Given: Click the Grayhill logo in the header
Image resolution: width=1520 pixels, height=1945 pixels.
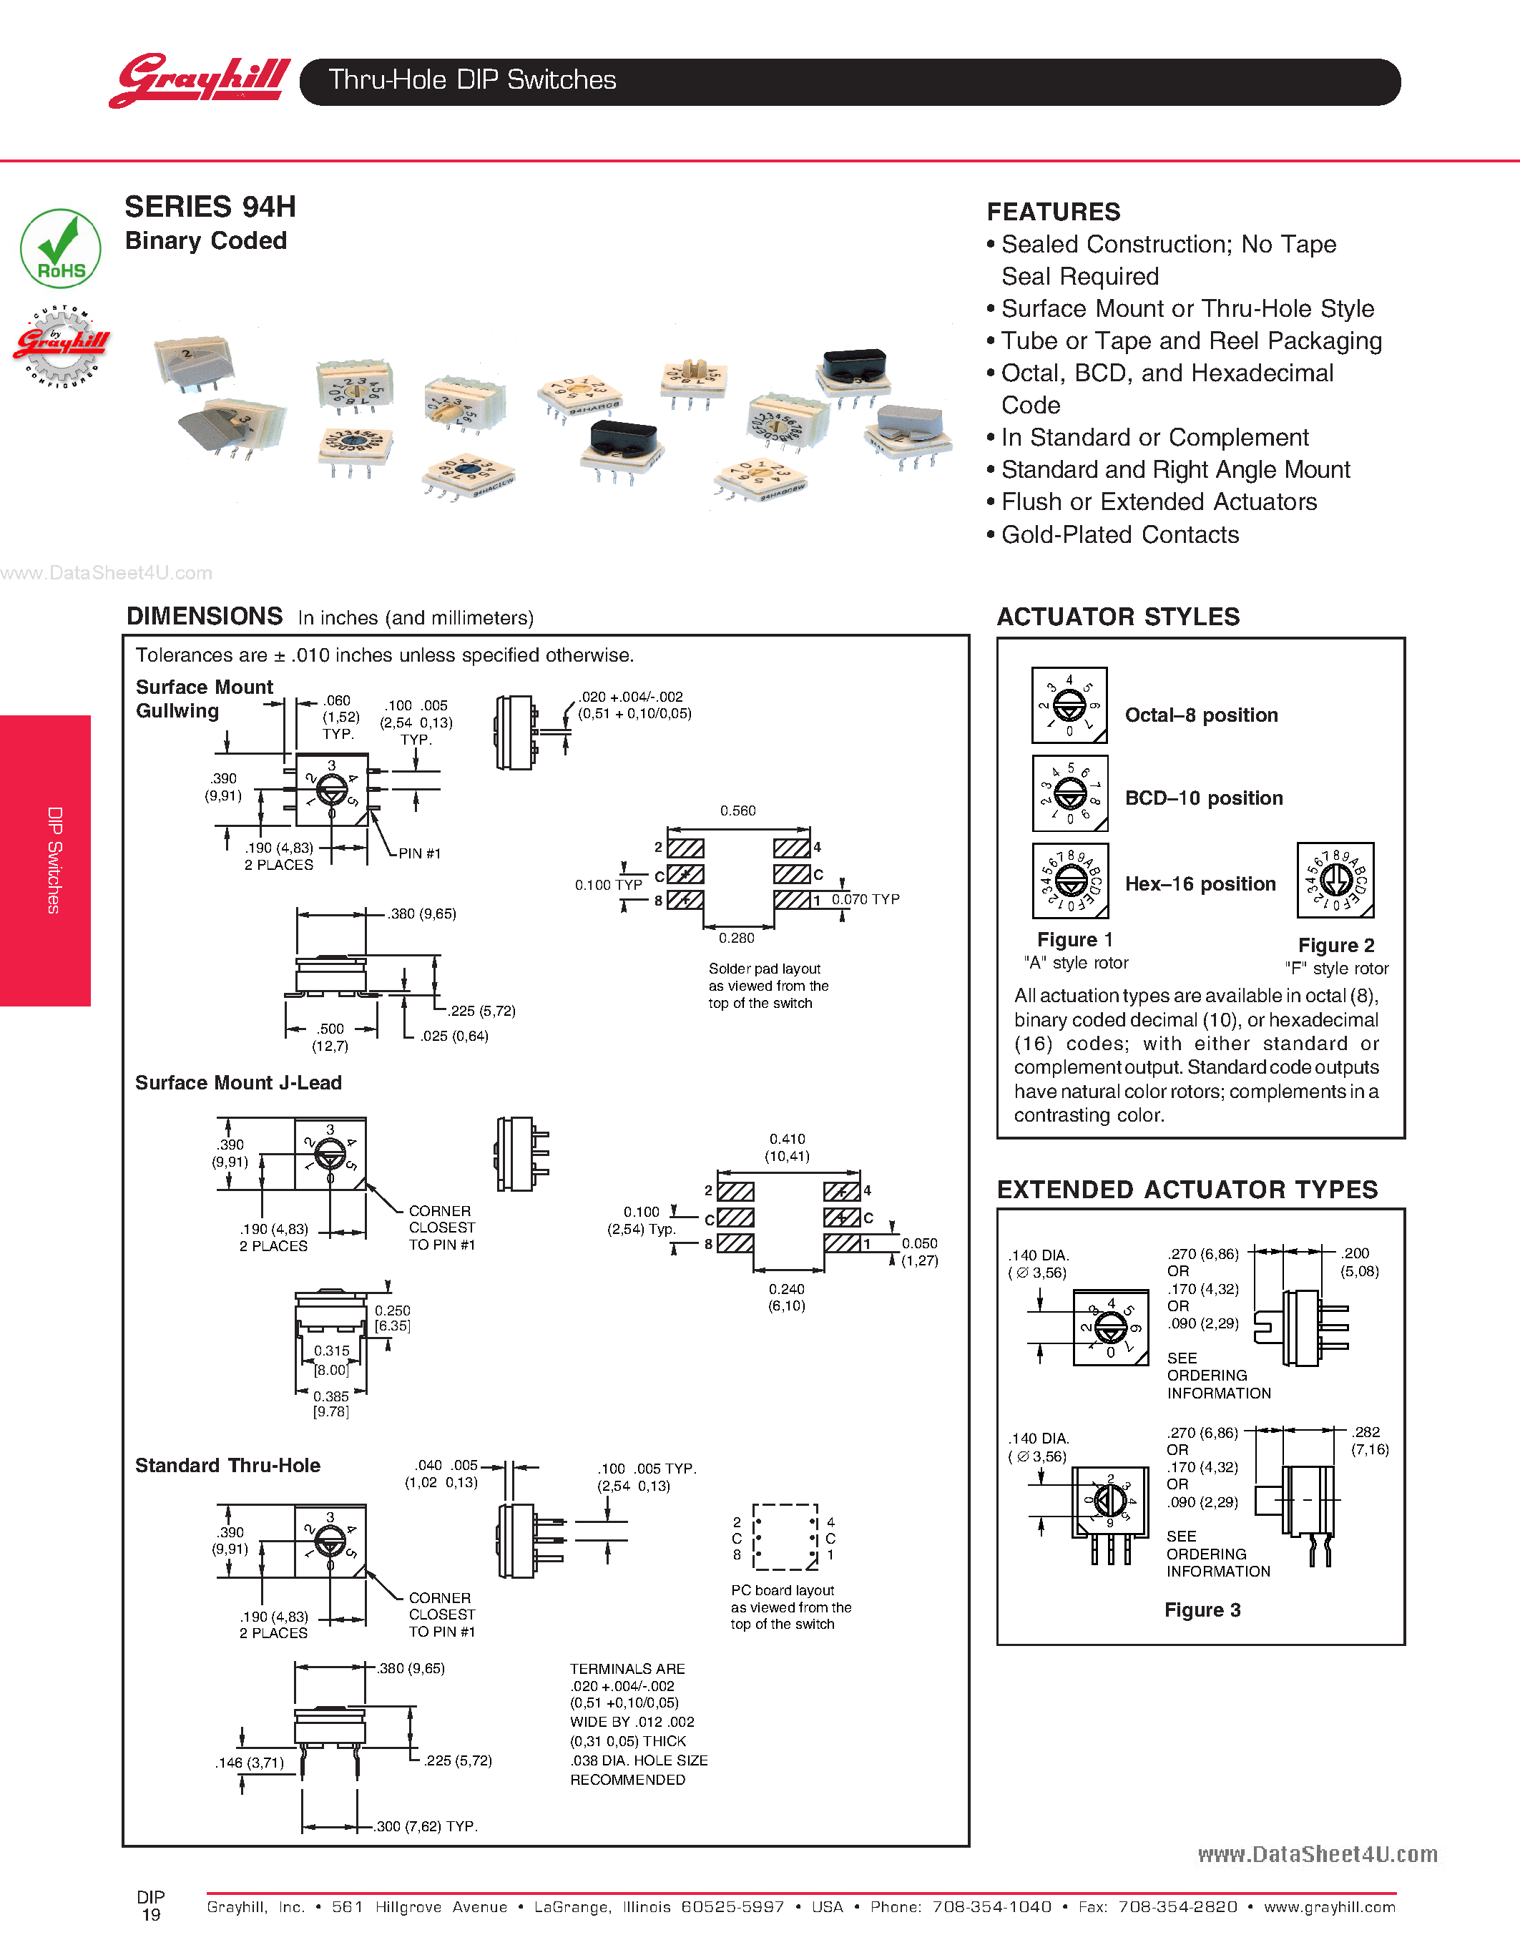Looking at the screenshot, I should pos(200,80).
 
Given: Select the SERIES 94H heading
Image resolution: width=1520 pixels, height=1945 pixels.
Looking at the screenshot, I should pos(210,207).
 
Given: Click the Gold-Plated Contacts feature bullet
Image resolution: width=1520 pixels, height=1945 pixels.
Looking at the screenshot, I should pos(1119,534).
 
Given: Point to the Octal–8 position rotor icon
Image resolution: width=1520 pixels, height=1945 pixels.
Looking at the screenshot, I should pos(1069,705).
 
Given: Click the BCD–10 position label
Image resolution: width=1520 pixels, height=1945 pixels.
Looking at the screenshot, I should pos(1203,798).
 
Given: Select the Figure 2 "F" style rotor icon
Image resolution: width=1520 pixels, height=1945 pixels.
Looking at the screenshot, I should pos(1335,880).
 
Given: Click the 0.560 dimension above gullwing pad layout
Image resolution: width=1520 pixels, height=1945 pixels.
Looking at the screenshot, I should pos(737,810).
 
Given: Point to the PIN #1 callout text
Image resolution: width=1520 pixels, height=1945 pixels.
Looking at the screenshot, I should pos(419,853).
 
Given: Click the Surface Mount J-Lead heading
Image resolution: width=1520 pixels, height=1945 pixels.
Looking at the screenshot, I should pos(239,1083).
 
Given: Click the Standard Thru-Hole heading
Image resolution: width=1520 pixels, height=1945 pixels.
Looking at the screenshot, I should pos(228,1465).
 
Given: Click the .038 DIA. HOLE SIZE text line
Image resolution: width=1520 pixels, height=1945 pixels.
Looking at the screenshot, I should pos(639,1760).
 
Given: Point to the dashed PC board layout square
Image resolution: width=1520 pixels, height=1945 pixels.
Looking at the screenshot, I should pos(785,1537).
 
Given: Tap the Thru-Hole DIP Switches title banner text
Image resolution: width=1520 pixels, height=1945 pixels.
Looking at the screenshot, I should pos(472,80).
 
